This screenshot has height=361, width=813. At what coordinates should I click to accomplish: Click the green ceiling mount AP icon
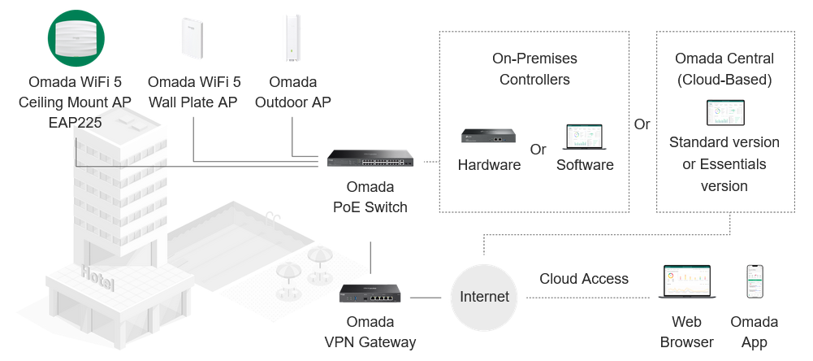click(76, 38)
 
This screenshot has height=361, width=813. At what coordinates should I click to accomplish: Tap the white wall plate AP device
click(192, 37)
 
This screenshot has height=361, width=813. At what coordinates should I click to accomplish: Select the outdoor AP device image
click(292, 39)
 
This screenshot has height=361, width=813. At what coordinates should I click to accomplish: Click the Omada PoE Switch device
click(370, 159)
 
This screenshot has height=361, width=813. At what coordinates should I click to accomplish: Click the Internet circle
click(484, 297)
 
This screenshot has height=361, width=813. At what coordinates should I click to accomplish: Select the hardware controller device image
click(489, 136)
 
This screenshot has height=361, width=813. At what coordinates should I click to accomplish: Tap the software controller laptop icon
click(584, 137)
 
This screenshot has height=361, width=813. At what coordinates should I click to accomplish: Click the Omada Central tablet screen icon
click(724, 113)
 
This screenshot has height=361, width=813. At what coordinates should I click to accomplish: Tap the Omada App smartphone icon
click(755, 282)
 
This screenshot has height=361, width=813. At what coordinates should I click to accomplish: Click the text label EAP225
click(75, 123)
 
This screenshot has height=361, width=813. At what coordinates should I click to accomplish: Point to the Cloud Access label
click(584, 279)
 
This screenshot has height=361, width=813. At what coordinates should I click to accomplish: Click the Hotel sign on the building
click(97, 278)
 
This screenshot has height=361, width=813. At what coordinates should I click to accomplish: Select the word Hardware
click(489, 165)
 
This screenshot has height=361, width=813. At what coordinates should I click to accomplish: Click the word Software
click(585, 165)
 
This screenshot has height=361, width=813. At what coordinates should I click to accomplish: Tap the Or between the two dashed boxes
click(642, 124)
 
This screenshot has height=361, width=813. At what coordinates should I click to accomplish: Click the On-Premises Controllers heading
click(534, 69)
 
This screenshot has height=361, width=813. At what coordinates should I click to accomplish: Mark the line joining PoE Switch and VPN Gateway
click(370, 258)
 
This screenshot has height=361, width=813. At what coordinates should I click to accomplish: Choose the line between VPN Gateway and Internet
click(426, 298)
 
